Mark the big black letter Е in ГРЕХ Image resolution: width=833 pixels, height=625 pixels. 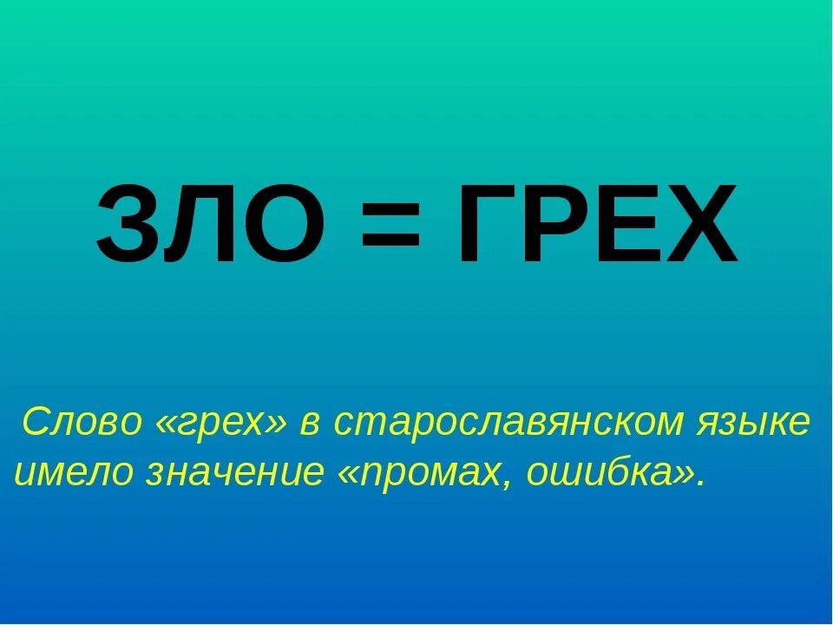626,224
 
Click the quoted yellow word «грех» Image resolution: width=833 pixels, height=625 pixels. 222,424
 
